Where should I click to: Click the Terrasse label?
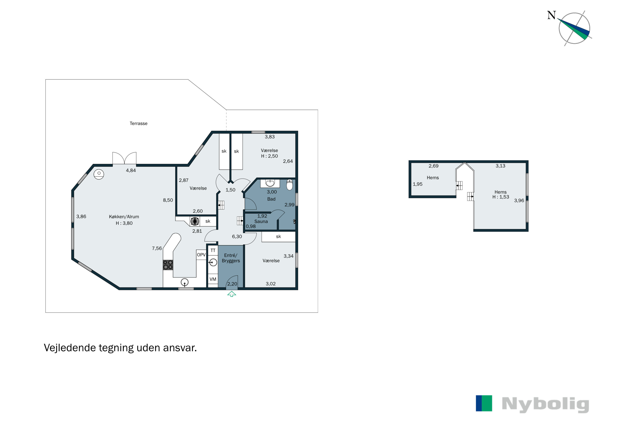pos(138,124)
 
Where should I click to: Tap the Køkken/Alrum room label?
pos(124,217)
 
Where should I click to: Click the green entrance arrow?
pos(232,294)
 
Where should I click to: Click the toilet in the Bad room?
pos(289,185)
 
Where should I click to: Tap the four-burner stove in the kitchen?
pos(168,265)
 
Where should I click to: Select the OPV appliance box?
pos(201,255)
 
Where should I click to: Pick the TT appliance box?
pos(213,250)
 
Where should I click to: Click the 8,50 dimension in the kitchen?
pos(168,200)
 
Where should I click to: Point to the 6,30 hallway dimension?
pos(237,237)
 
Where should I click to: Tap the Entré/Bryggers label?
pos(231,258)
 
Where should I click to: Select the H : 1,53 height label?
pos(501,197)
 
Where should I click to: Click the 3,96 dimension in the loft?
pos(519,201)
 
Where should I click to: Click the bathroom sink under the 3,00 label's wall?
pos(270,183)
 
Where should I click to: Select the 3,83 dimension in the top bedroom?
pos(270,137)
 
